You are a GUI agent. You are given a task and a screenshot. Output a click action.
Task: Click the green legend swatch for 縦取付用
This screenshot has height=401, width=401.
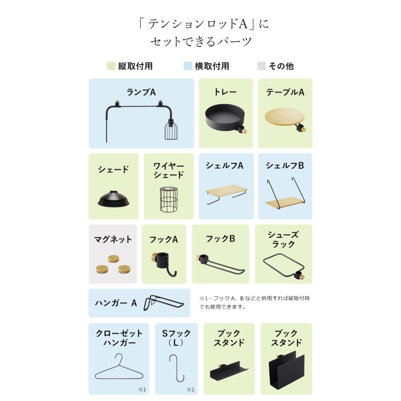coord(111,66)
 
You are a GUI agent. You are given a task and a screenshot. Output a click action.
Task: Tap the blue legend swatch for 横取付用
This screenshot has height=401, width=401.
coord(188,66)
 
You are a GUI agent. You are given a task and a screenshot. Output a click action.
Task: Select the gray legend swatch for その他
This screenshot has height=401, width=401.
coord(261,66)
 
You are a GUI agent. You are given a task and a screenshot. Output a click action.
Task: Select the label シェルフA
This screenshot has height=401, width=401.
coord(225,165)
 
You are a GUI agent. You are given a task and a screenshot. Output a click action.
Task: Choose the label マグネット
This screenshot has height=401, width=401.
coord(113,239)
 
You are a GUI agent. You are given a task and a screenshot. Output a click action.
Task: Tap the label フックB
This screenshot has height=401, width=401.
coord(220,238)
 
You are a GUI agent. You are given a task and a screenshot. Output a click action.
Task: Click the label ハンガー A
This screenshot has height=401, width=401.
coord(116,303)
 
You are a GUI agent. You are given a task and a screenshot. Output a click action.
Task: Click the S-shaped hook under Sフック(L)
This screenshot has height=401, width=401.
coord(177,368)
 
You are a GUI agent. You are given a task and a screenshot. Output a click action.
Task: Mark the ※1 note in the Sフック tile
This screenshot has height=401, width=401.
coord(190,389)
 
